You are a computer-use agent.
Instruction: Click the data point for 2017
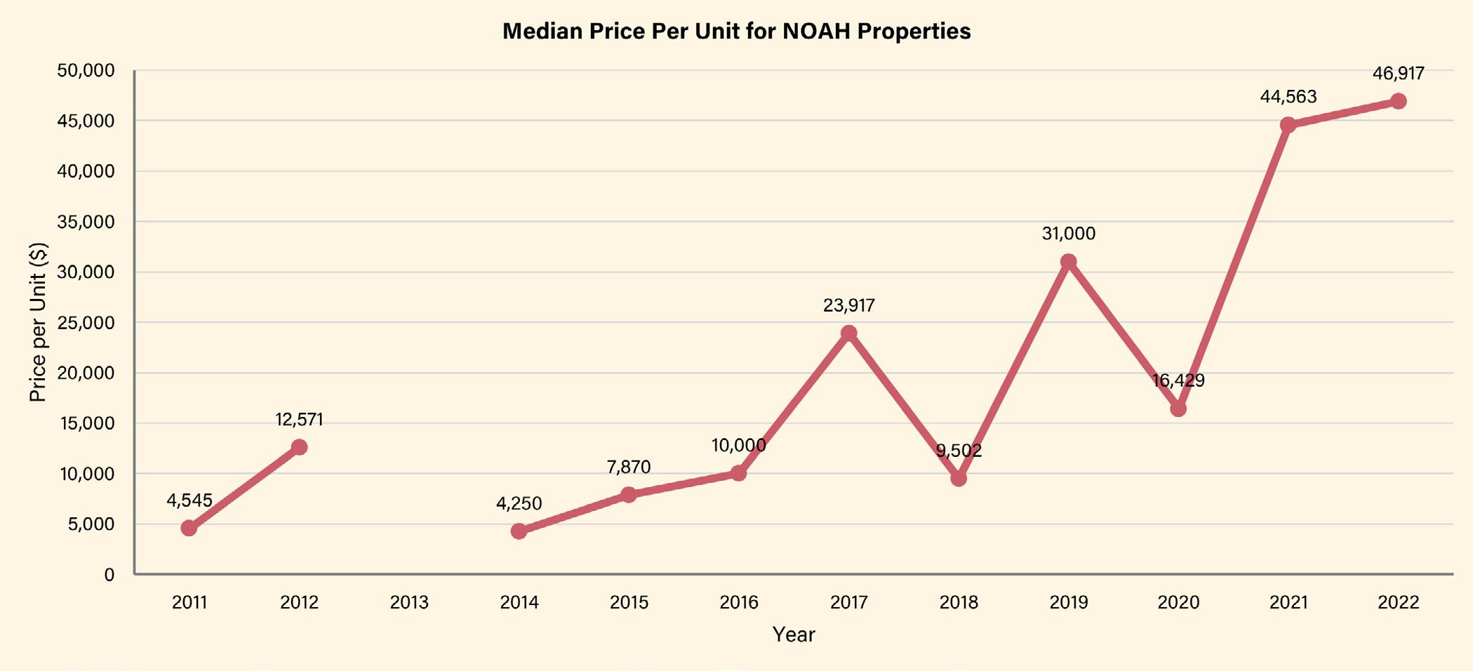[848, 333]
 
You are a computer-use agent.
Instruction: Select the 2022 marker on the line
[1398, 101]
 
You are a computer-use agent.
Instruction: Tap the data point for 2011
[189, 528]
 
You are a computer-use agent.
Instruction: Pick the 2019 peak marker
[1068, 262]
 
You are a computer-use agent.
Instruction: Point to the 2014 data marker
[519, 531]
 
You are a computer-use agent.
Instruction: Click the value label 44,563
[1288, 97]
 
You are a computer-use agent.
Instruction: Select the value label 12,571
[299, 420]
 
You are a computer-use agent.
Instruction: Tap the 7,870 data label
[629, 467]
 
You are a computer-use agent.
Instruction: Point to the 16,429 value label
[1178, 381]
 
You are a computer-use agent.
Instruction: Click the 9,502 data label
[959, 451]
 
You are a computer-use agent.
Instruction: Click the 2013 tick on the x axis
[409, 602]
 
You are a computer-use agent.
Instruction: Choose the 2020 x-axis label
[1178, 602]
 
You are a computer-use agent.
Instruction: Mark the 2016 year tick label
[739, 602]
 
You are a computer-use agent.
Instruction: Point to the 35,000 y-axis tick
[86, 222]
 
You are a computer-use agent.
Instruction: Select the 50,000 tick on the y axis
[86, 71]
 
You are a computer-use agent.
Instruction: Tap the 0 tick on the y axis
[109, 575]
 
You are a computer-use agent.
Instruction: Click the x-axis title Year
[794, 635]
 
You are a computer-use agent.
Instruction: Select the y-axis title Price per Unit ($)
[38, 322]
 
